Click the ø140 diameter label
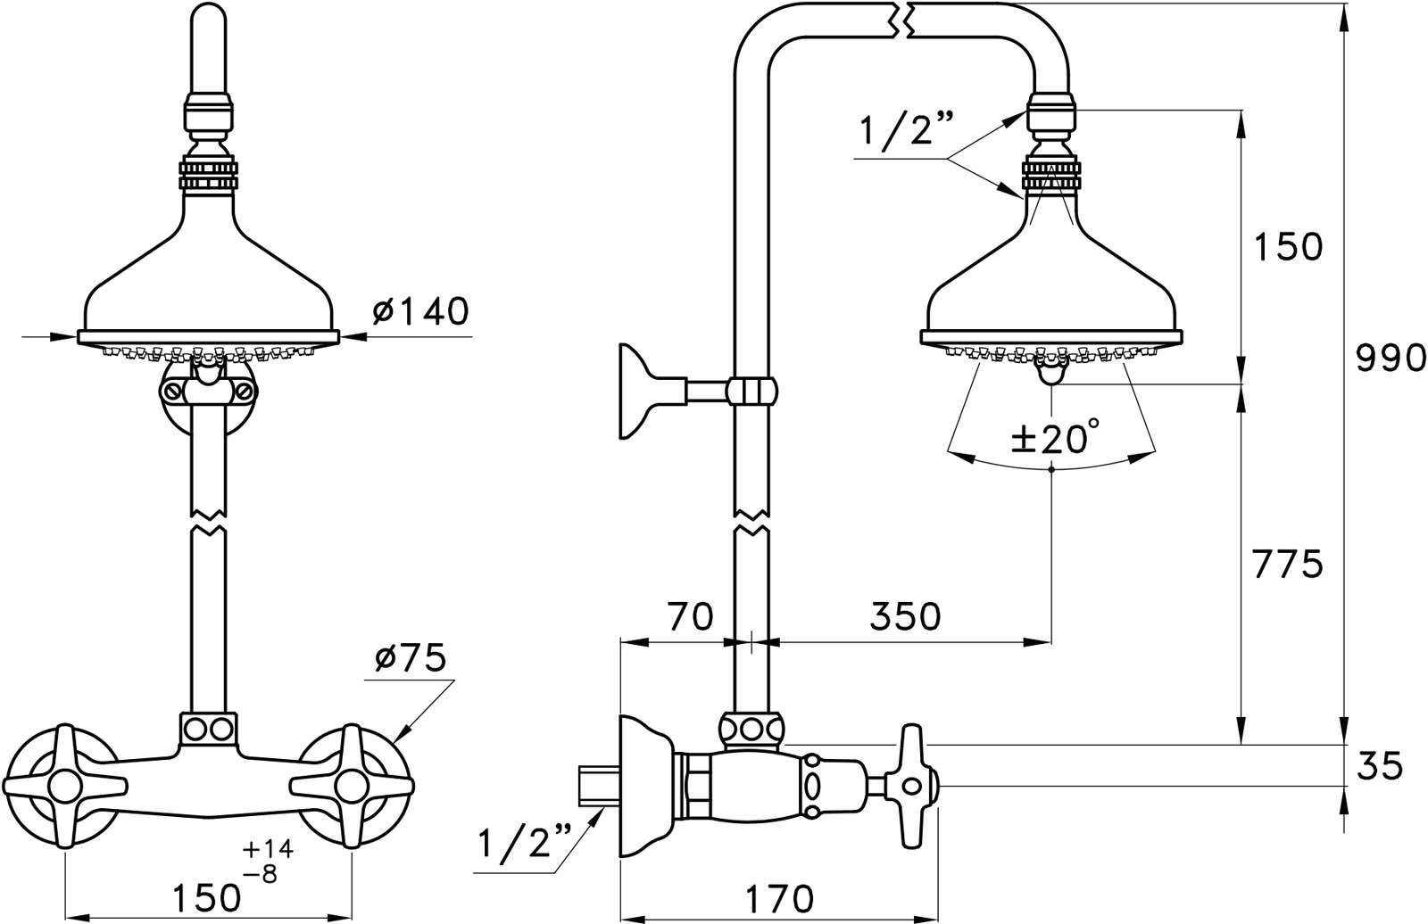pos(420,311)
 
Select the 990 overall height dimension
pos(1391,359)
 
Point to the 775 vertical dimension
pos(1288,565)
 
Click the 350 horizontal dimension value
pos(905,617)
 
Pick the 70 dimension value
pos(691,617)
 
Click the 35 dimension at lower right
pos(1380,766)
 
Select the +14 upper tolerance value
pos(268,849)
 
